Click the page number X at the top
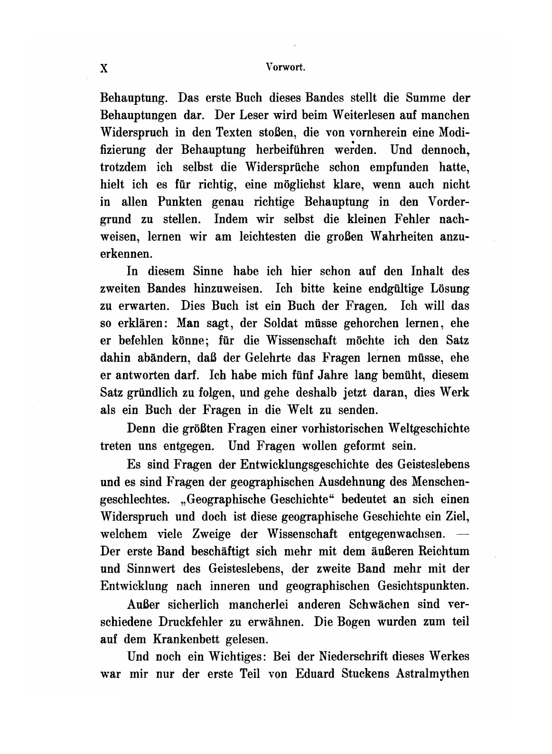[105, 68]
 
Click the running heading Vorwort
[286, 67]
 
